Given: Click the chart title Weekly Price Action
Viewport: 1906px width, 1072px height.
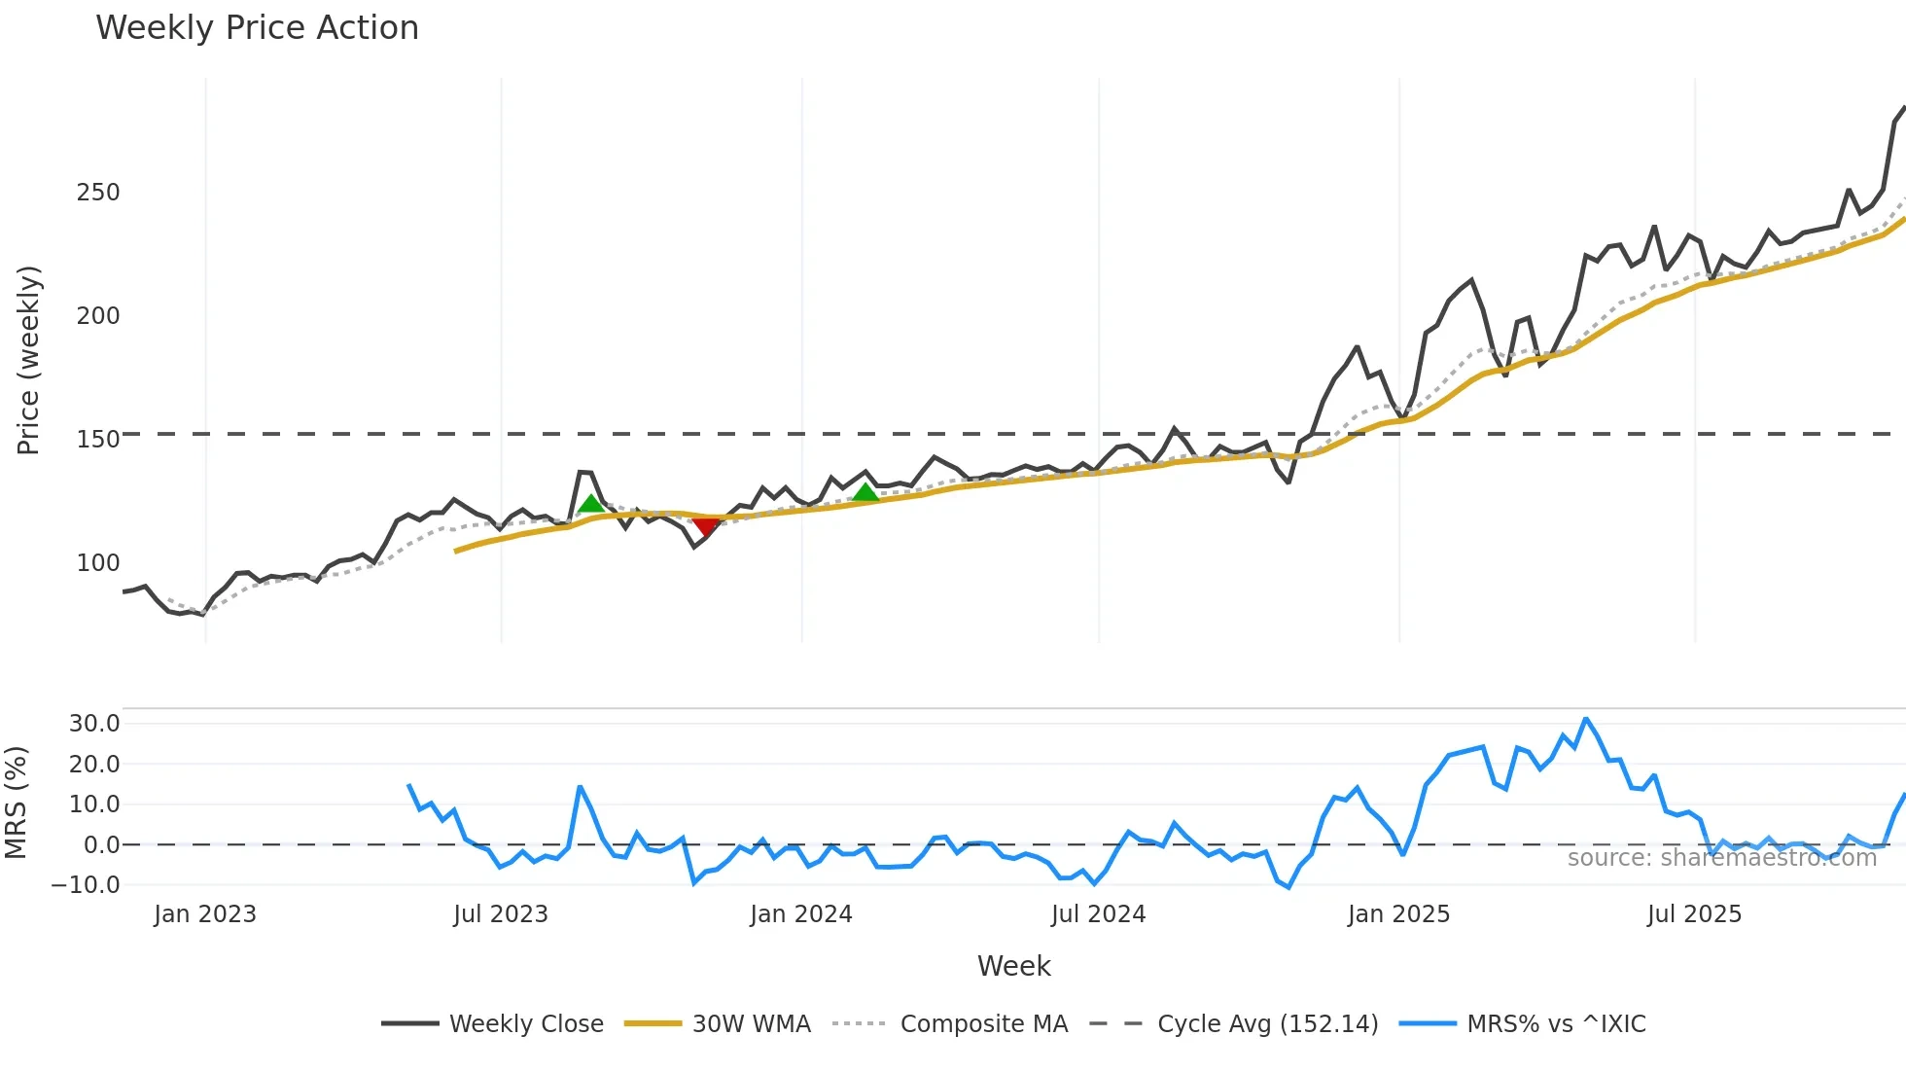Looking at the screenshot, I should click(257, 28).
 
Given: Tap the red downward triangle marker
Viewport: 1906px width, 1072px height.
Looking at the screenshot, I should click(706, 527).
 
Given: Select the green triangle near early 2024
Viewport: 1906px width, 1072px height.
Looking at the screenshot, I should click(865, 493).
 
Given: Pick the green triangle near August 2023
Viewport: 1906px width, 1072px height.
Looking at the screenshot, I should click(590, 503).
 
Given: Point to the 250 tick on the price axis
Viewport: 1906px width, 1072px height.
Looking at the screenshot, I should click(98, 193).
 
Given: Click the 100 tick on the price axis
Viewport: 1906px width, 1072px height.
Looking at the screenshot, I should click(98, 563).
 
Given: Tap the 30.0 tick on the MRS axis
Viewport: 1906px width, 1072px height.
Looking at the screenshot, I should click(94, 724).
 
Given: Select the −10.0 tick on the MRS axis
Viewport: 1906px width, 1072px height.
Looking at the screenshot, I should click(86, 885).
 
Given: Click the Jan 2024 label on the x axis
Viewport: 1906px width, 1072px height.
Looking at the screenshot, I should click(800, 914).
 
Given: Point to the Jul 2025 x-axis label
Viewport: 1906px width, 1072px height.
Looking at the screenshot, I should click(1694, 914).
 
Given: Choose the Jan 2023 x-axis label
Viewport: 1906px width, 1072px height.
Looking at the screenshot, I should click(204, 914).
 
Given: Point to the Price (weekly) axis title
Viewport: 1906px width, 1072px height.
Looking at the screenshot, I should click(28, 360).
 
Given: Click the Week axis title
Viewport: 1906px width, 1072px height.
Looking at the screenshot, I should click(1013, 966).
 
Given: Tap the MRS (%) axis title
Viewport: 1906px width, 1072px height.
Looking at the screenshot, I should click(16, 803).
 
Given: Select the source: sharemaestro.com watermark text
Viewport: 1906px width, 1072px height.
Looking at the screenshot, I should click(1721, 858).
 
